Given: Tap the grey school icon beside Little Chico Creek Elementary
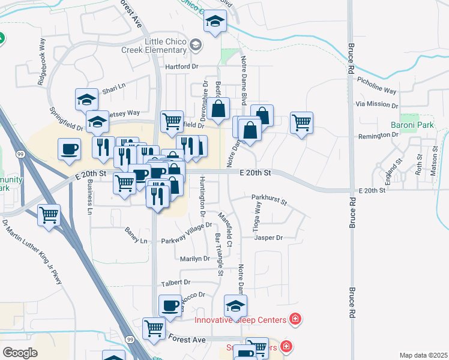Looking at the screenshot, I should click(196, 45).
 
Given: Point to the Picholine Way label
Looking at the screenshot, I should click(376, 85).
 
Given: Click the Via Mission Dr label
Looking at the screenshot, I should click(376, 104).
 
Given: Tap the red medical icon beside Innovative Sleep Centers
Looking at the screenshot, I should click(295, 319).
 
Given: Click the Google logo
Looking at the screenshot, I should click(20, 353).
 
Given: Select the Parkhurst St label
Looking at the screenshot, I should click(270, 197).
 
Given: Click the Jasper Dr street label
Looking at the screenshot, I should click(268, 238).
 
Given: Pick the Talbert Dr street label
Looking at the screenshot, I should click(175, 282).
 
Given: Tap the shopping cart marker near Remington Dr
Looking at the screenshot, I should click(301, 123).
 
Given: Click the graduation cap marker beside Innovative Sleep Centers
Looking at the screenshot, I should click(235, 305).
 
